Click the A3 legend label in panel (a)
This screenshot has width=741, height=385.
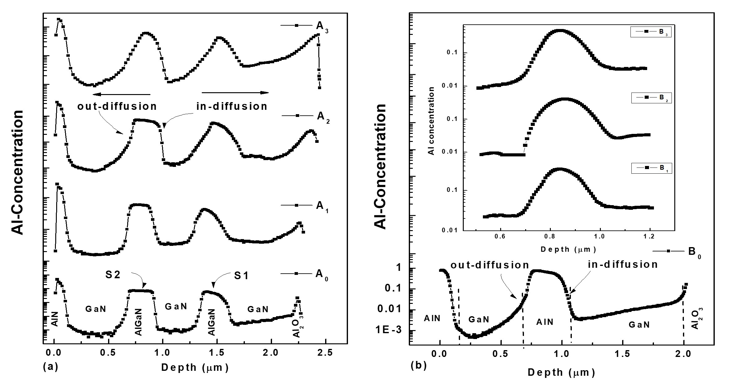(x=322, y=26)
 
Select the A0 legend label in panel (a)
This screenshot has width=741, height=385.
(x=322, y=274)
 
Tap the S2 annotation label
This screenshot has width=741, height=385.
(x=113, y=275)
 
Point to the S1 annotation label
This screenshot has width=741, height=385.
(x=241, y=276)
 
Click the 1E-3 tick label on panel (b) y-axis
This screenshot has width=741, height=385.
(x=392, y=330)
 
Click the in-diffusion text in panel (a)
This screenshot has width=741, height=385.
(x=232, y=106)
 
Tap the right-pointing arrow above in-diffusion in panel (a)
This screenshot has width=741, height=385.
(x=235, y=93)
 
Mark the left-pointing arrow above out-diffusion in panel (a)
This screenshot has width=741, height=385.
(x=121, y=94)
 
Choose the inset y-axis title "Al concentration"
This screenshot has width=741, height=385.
(x=432, y=121)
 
